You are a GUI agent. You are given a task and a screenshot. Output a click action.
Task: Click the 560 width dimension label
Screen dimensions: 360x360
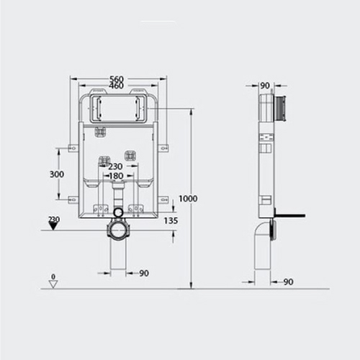tap(117, 78)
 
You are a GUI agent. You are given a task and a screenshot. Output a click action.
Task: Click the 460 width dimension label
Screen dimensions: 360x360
tap(117, 86)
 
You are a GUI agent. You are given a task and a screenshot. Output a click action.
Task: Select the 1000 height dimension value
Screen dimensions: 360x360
tap(188, 199)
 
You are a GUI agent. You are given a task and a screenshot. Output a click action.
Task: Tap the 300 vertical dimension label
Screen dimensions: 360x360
tap(57, 174)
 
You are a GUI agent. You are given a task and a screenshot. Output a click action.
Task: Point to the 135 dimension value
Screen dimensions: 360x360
tap(171, 220)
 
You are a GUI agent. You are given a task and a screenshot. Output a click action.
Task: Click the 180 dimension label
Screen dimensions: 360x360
tap(116, 176)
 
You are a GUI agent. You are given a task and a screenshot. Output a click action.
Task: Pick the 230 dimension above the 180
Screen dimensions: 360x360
tap(115, 166)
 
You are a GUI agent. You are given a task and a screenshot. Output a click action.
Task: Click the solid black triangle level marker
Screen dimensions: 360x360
tap(53, 226)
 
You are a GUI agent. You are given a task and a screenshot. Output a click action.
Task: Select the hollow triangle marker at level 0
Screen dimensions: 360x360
tap(53, 284)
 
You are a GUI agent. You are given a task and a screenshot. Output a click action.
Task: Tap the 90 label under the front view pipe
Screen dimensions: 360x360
tap(144, 273)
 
